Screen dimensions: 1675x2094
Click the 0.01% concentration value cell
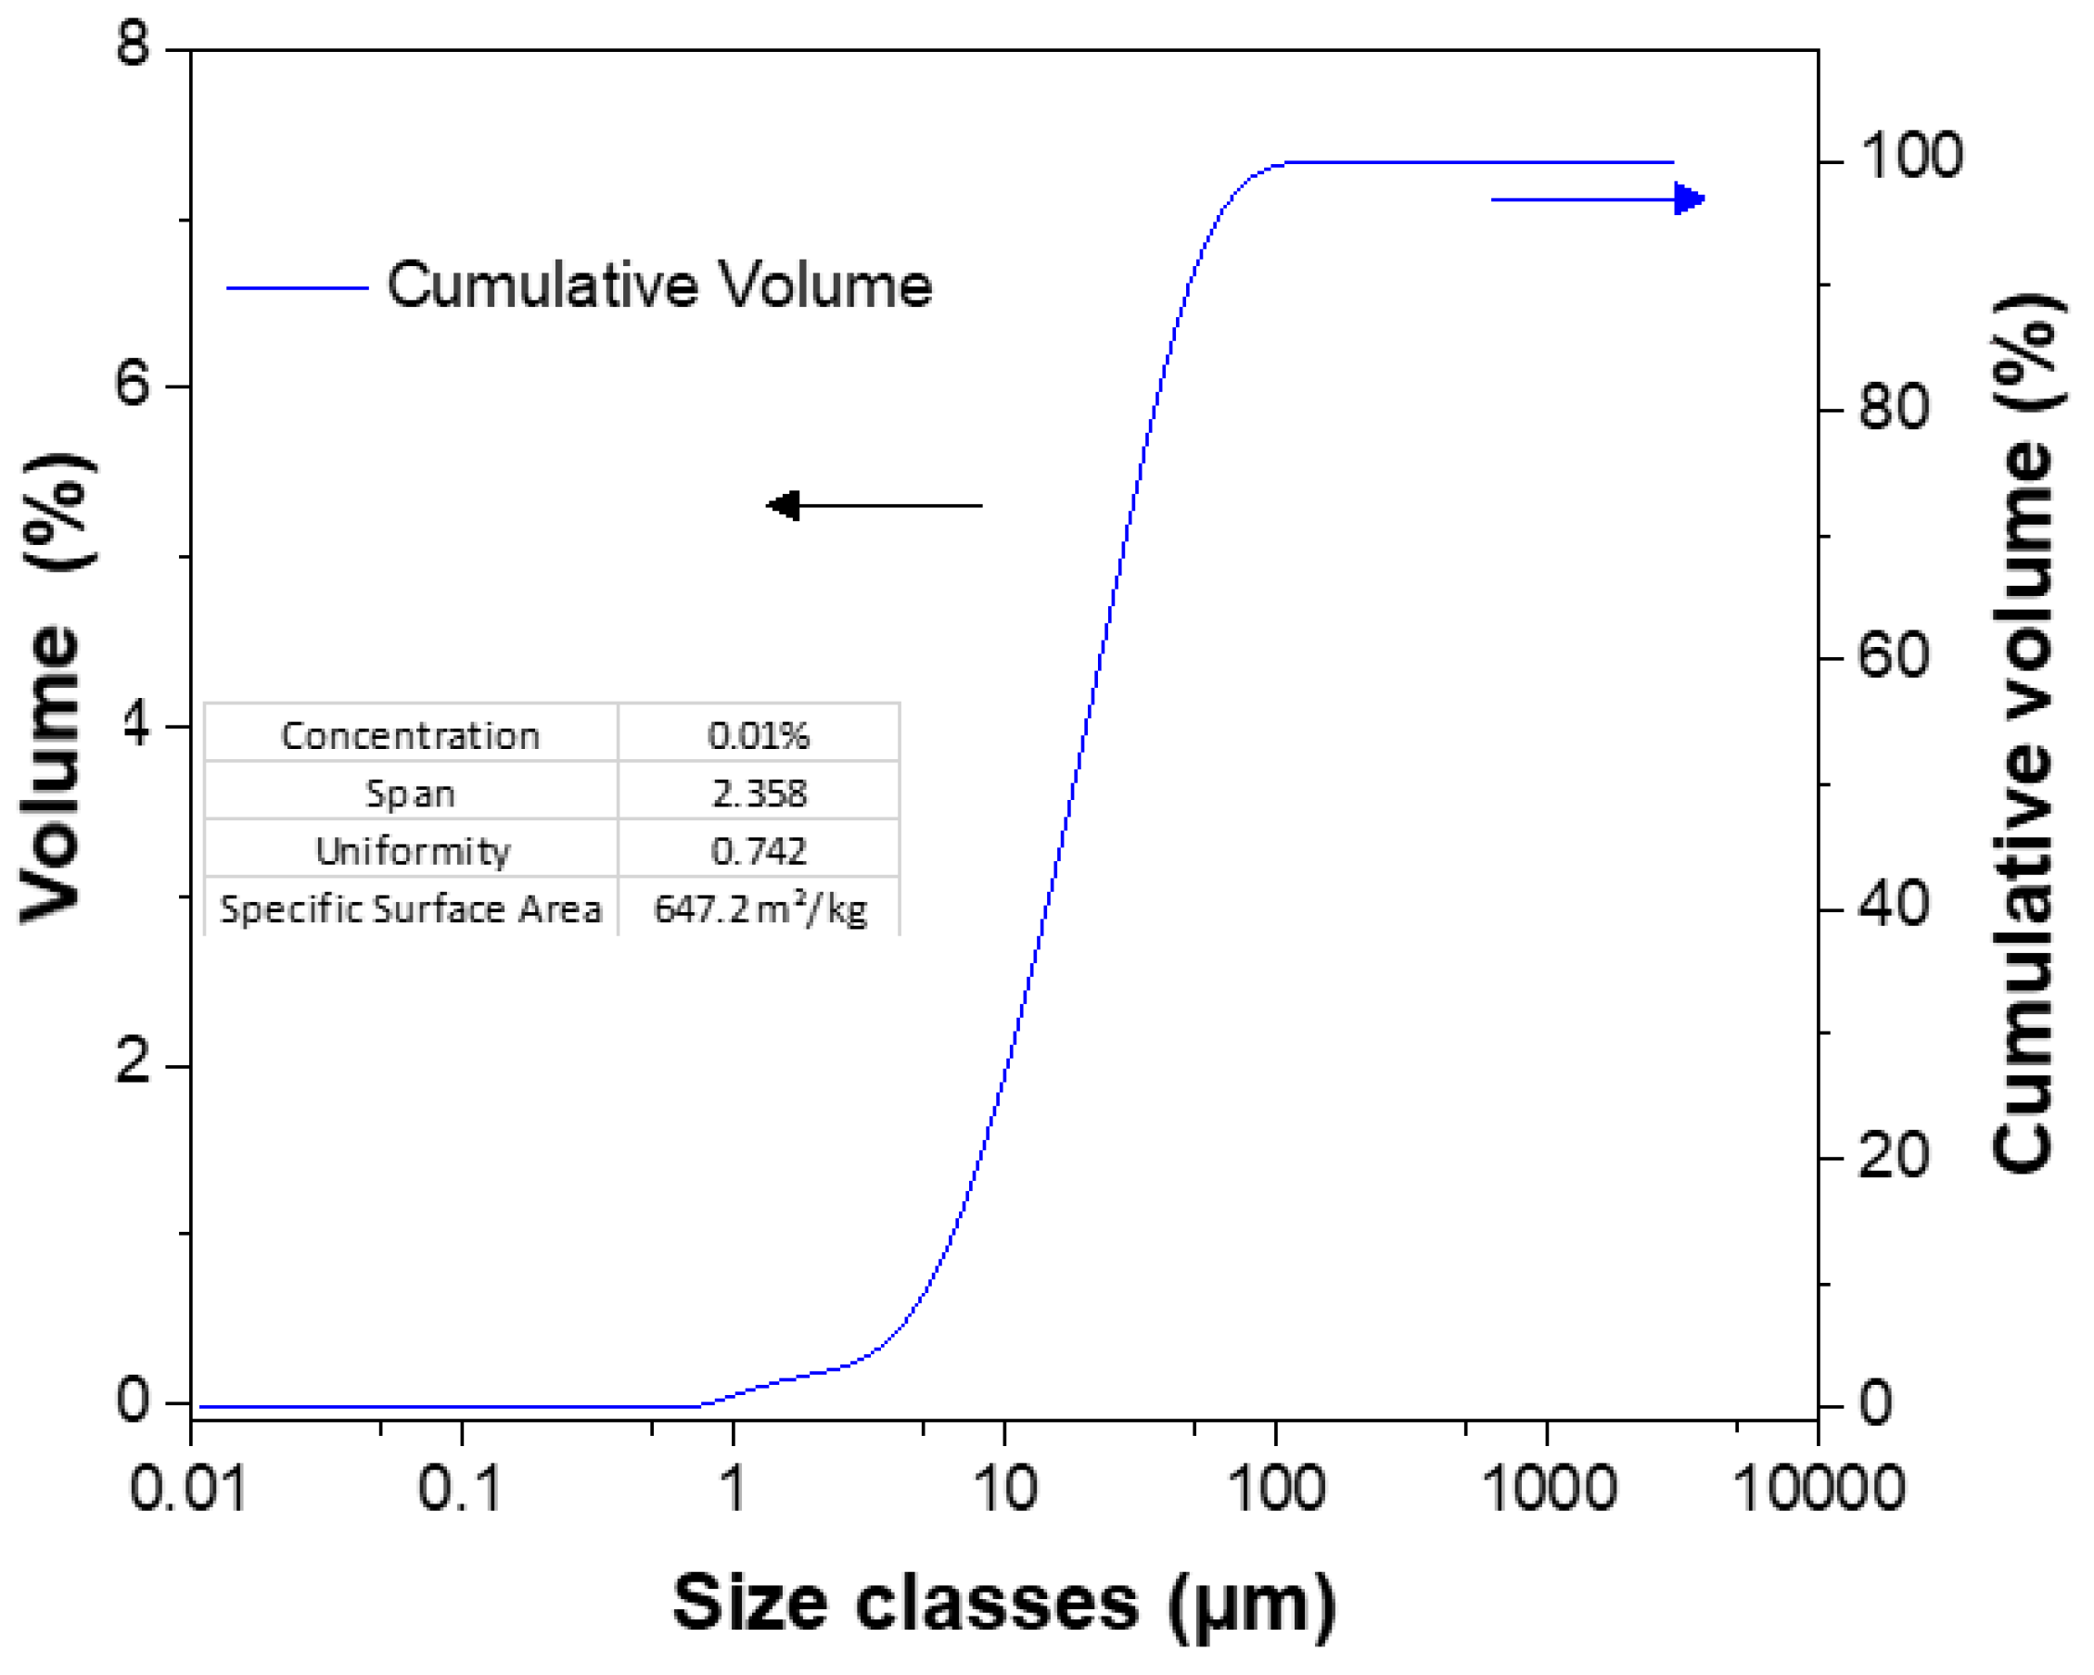(758, 736)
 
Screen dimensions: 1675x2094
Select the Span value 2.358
(758, 793)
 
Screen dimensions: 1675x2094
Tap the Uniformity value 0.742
(758, 851)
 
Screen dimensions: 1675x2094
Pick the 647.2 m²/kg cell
(760, 908)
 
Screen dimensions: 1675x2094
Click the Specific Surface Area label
(410, 908)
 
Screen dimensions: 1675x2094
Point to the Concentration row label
(410, 736)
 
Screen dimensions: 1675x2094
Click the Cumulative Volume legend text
(659, 286)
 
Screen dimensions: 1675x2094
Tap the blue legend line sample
(297, 288)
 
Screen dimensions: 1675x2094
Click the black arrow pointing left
(875, 505)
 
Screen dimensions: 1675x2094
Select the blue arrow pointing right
(1598, 199)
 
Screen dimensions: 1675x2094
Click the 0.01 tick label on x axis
(187, 1488)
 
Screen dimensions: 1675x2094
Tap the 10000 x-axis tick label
(1819, 1488)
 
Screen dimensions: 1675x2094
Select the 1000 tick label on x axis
(1548, 1488)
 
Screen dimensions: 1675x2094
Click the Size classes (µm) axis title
(1003, 1602)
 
